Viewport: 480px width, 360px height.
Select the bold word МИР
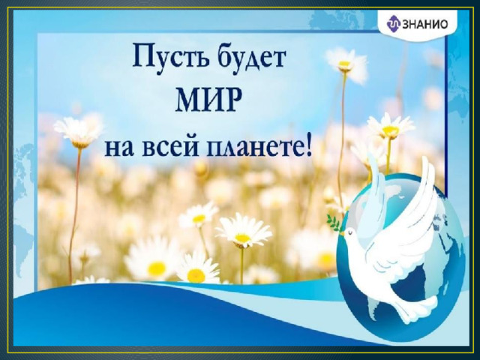[207, 100]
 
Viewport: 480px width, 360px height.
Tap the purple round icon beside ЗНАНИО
[393, 24]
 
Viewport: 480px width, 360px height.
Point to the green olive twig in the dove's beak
[334, 222]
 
